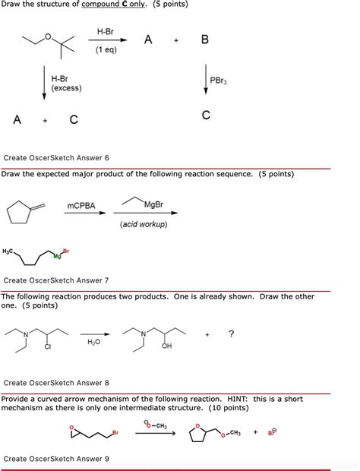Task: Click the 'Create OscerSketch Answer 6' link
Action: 57,158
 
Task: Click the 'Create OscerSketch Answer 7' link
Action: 57,280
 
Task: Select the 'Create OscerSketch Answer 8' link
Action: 57,383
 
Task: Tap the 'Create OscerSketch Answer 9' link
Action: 57,458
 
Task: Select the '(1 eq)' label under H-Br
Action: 106,51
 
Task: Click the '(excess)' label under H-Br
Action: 67,89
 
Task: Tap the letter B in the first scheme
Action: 204,40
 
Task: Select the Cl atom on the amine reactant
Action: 47,347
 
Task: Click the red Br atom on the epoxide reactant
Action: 115,432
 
